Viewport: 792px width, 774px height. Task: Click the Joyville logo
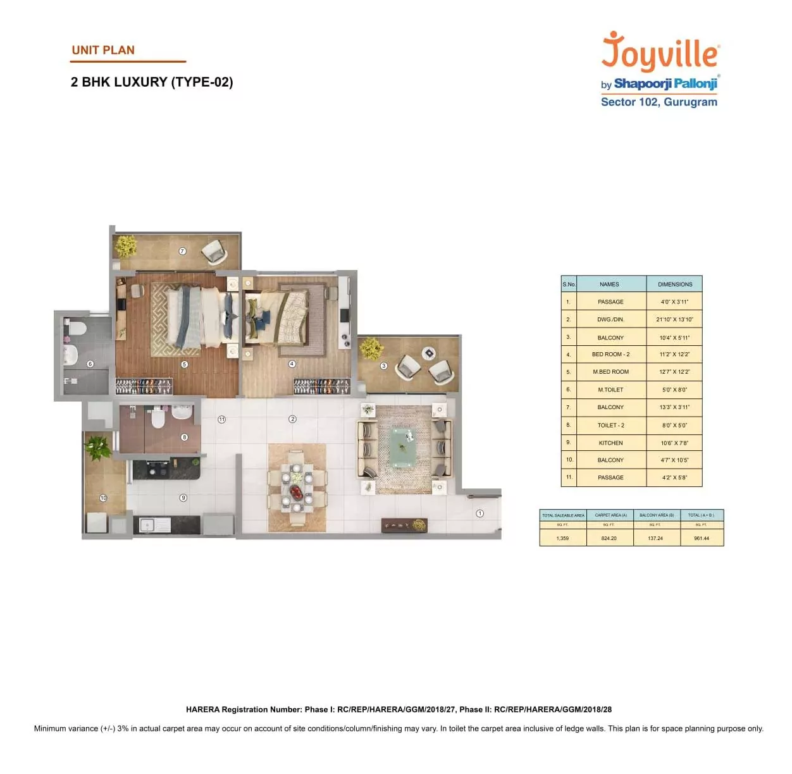coord(660,52)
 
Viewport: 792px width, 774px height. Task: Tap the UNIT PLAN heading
coord(103,51)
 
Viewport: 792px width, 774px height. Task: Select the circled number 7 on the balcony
coord(182,251)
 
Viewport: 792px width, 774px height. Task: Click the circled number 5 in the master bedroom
coord(184,364)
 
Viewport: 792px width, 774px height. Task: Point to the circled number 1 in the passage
coord(480,513)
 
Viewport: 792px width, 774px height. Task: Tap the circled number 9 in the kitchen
coord(183,498)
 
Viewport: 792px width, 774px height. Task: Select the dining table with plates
coord(297,488)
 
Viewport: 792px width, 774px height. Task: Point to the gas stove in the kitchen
coord(156,470)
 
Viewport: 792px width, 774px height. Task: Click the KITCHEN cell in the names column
coord(610,443)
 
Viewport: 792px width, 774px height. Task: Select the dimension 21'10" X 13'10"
coord(674,319)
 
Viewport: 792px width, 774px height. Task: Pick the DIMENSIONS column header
coord(675,284)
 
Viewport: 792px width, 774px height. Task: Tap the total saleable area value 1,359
coord(562,538)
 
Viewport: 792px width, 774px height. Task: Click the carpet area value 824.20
coord(609,538)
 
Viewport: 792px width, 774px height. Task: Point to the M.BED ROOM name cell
coord(610,372)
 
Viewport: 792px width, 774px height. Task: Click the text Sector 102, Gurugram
coord(659,102)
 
